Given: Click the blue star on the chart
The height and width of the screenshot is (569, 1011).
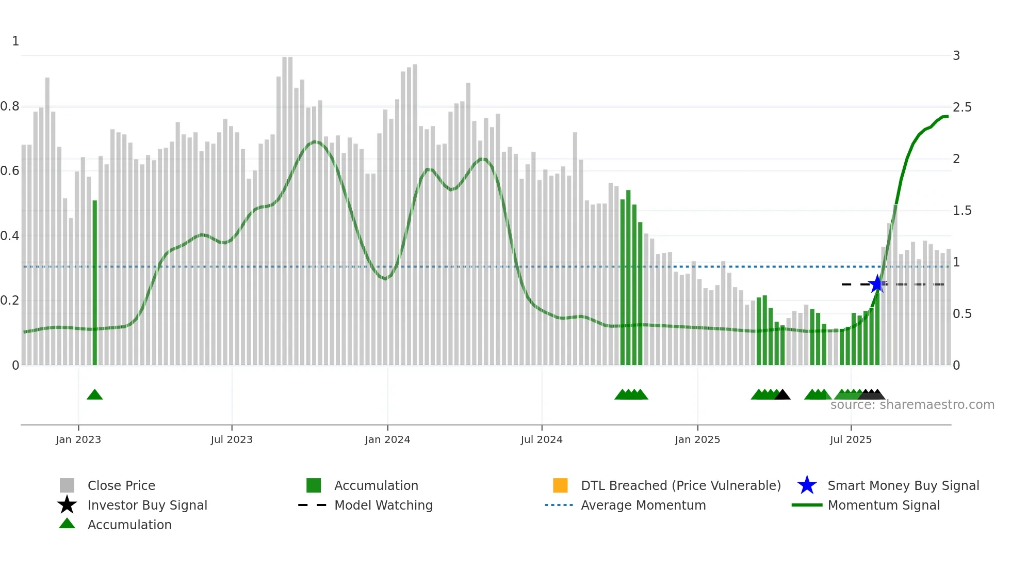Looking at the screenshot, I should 877,284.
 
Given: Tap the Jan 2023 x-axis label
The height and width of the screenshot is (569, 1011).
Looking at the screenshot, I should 78,440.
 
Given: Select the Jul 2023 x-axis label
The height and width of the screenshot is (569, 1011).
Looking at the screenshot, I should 232,440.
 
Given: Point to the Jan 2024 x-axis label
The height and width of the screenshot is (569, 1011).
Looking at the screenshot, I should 387,440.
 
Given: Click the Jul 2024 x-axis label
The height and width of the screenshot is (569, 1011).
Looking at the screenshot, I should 542,440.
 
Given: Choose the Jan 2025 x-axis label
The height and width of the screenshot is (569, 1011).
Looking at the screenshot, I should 697,440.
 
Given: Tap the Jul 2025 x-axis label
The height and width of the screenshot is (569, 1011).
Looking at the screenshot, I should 851,440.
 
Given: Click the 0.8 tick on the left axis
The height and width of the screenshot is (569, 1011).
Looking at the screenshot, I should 10,106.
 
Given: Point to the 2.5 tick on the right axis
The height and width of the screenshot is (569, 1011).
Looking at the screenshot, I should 962,107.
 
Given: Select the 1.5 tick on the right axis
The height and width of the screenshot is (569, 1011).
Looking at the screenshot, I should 962,211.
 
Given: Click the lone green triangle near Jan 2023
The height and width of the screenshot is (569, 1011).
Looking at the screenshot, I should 95,395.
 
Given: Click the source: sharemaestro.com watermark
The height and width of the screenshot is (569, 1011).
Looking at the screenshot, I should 912,405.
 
